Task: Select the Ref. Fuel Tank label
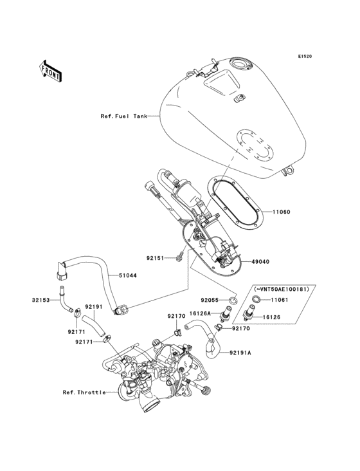click(x=123, y=116)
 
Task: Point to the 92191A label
click(x=240, y=353)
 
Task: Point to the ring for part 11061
click(x=255, y=299)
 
